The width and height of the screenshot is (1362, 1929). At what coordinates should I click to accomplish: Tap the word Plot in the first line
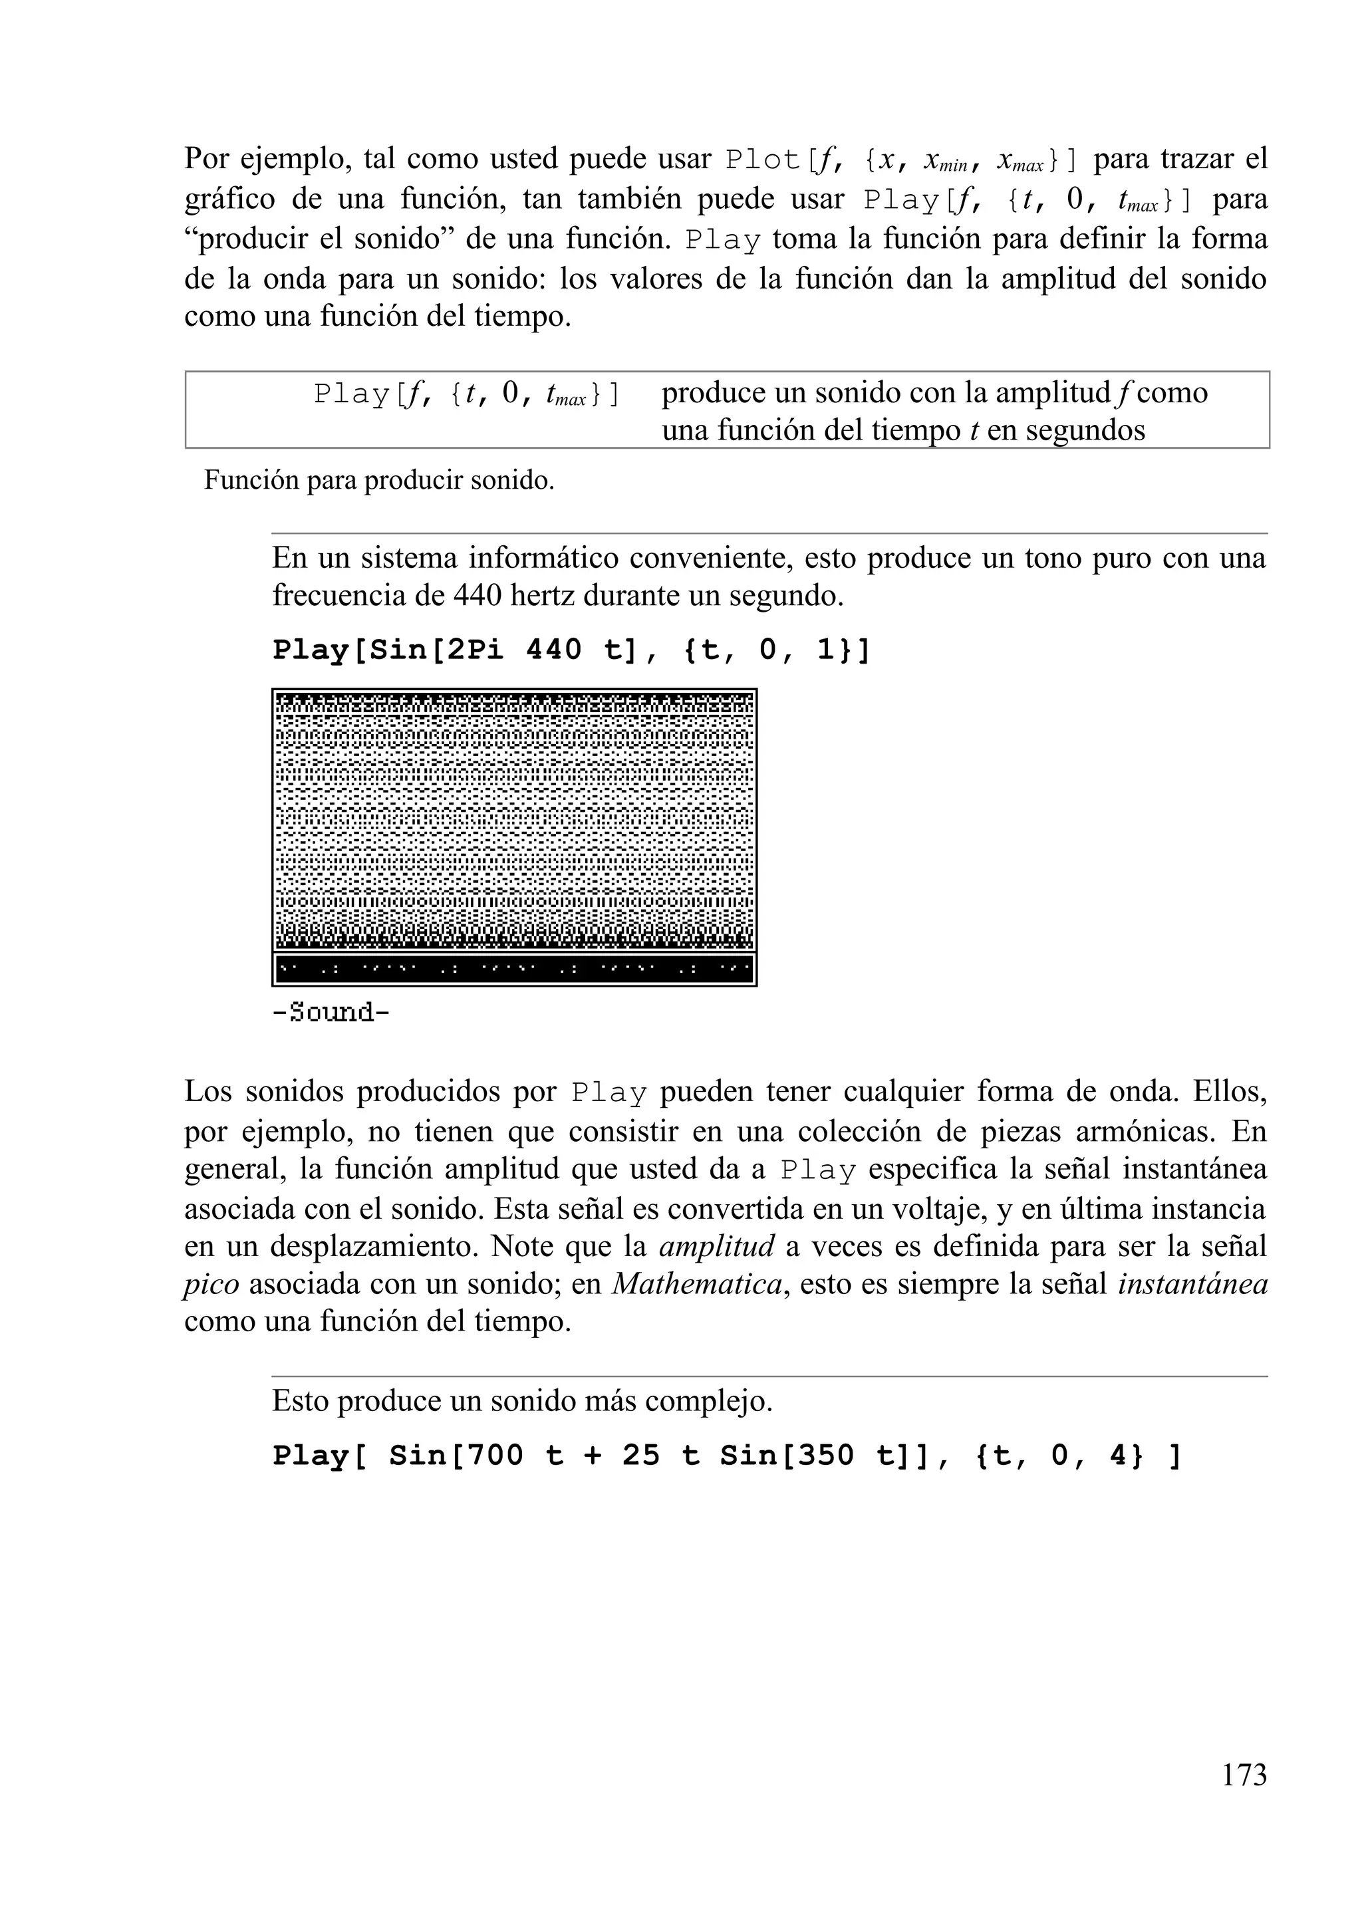click(x=763, y=159)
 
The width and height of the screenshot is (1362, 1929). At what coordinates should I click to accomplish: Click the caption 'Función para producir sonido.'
click(x=379, y=481)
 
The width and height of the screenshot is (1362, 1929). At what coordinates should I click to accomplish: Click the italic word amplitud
click(x=717, y=1246)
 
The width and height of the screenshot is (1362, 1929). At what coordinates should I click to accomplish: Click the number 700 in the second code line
click(x=495, y=1455)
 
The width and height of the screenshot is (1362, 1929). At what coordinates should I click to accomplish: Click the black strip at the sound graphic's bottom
click(x=514, y=969)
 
